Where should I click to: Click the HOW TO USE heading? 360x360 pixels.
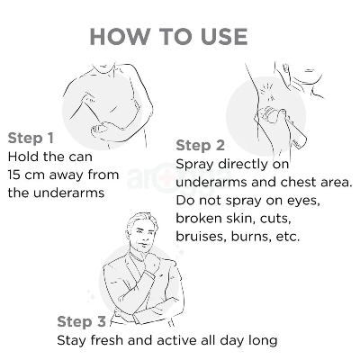pyautogui.click(x=168, y=36)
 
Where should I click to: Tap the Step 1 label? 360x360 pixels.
pyautogui.click(x=31, y=138)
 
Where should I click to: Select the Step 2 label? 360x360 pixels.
pyautogui.click(x=200, y=146)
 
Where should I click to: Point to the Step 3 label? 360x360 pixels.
pyautogui.click(x=81, y=321)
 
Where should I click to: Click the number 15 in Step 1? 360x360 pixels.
pyautogui.click(x=13, y=175)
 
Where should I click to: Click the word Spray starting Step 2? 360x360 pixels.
pyautogui.click(x=195, y=165)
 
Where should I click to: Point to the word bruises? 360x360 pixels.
pyautogui.click(x=202, y=237)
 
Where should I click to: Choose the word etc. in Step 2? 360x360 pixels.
pyautogui.click(x=288, y=238)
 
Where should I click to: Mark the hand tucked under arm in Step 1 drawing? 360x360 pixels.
pyautogui.click(x=102, y=128)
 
